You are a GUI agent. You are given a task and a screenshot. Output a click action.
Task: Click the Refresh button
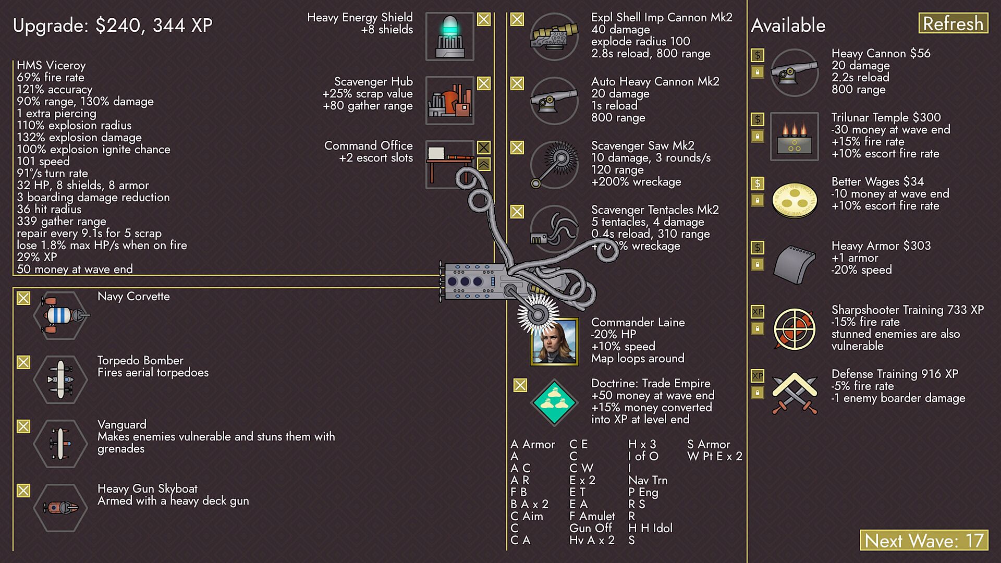click(x=953, y=23)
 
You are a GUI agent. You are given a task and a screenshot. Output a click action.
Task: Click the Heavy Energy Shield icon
click(x=449, y=36)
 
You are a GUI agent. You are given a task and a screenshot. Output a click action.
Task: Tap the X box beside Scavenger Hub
click(x=484, y=83)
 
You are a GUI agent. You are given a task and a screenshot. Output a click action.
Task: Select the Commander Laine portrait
click(x=554, y=341)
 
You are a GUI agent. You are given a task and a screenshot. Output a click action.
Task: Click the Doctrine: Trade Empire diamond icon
click(x=554, y=402)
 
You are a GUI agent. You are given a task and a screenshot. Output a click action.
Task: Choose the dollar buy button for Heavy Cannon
click(x=758, y=55)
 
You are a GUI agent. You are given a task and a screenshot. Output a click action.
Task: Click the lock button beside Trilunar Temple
click(x=758, y=136)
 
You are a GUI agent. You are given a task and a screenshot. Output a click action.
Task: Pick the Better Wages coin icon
click(x=794, y=200)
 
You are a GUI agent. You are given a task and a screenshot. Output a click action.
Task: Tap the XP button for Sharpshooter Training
click(x=758, y=312)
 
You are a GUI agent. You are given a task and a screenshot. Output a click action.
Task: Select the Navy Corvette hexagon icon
click(x=60, y=315)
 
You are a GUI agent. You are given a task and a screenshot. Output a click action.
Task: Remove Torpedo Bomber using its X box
click(x=23, y=362)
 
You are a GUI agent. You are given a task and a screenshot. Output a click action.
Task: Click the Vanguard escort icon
click(x=60, y=444)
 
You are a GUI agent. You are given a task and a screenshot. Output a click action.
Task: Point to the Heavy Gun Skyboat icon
click(x=60, y=508)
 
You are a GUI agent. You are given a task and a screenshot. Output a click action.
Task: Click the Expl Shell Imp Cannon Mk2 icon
click(x=554, y=36)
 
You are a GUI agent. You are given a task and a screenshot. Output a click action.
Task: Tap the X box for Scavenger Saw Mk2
click(x=517, y=148)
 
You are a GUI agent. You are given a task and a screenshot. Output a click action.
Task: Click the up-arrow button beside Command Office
click(x=484, y=164)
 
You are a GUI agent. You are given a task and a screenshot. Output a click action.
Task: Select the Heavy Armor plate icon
click(x=794, y=264)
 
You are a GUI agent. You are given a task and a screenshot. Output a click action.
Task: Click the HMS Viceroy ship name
click(x=51, y=65)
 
